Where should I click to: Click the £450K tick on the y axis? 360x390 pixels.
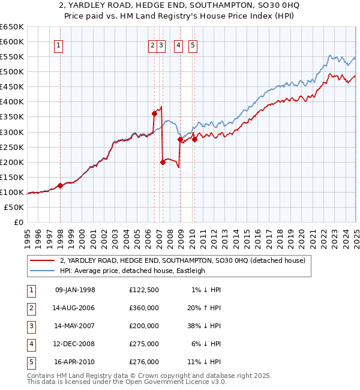[12, 86]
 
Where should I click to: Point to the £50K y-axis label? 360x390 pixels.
[14, 207]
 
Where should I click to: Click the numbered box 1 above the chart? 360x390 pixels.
[59, 45]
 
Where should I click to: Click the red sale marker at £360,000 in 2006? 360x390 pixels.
[154, 113]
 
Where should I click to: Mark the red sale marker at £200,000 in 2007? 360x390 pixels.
[163, 161]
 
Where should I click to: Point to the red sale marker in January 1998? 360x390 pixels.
[60, 185]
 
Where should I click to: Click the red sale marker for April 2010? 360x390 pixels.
[194, 139]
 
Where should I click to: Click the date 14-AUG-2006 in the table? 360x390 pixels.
[74, 308]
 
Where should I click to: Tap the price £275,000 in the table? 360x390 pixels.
[143, 344]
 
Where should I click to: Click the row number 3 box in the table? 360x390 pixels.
[31, 326]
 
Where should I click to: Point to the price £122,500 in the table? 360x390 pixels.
[143, 290]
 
